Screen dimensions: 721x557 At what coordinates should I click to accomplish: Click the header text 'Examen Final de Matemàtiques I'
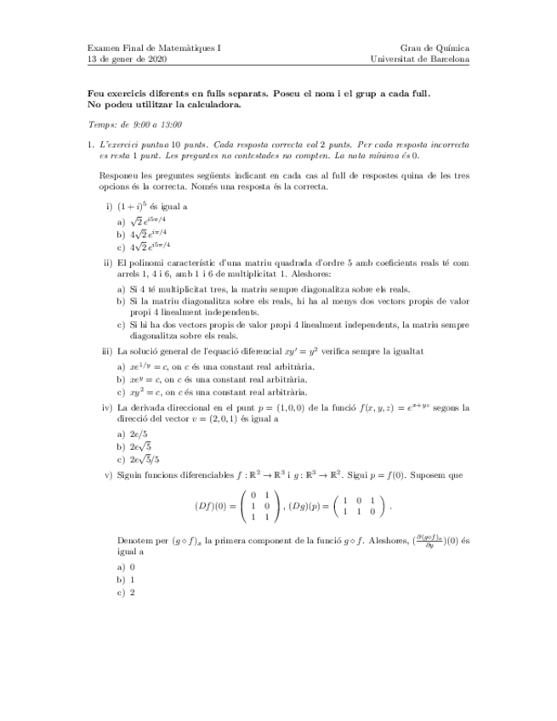tap(154, 48)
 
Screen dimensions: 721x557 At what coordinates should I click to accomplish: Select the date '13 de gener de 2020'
tap(128, 60)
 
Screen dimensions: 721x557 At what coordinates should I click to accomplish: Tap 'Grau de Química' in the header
tap(435, 48)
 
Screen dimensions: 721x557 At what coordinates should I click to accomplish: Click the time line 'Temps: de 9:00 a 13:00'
tap(135, 123)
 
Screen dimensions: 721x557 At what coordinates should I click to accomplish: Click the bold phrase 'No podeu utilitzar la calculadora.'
tap(165, 105)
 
